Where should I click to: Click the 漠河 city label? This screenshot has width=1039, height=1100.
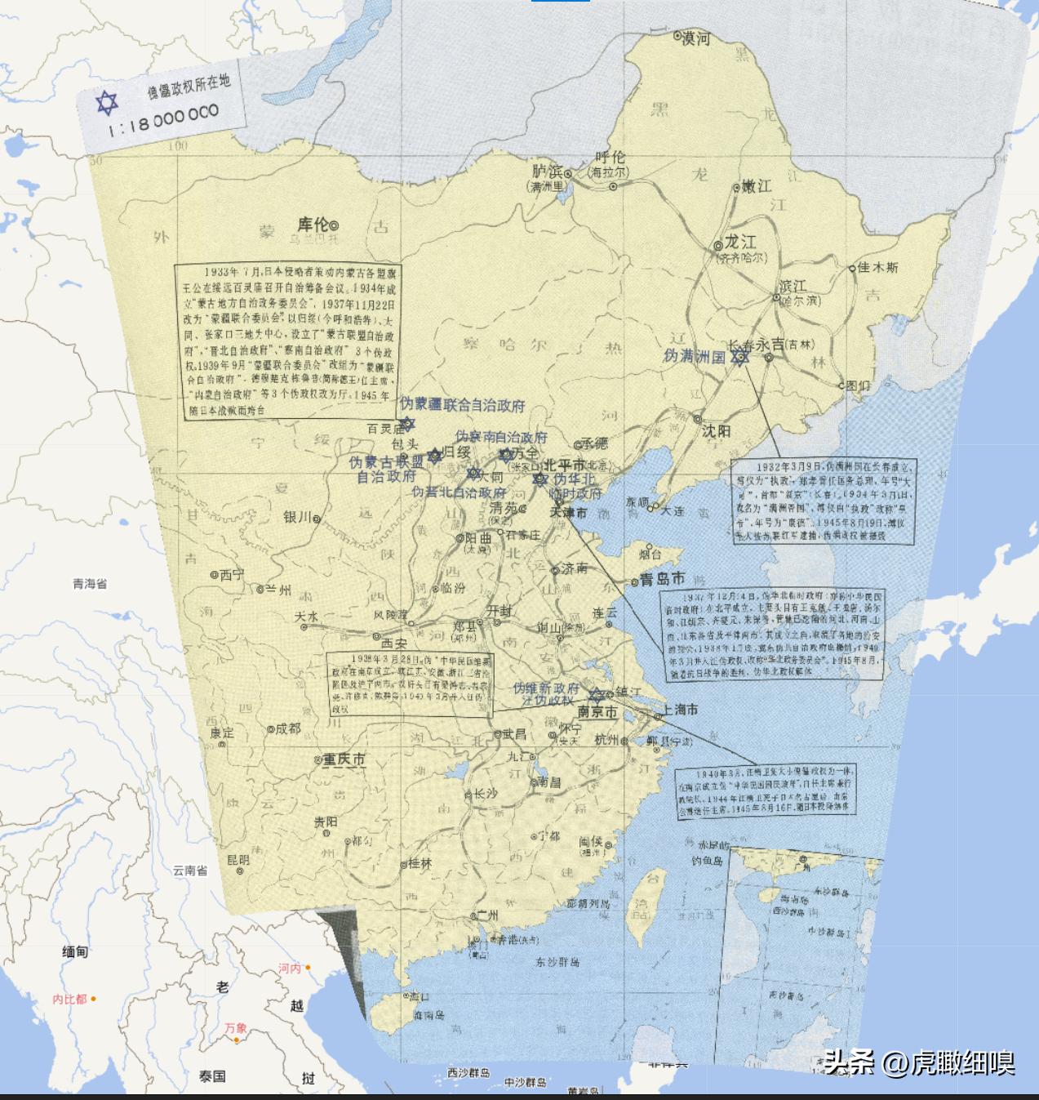click(x=696, y=38)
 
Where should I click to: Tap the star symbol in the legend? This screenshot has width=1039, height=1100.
click(x=106, y=104)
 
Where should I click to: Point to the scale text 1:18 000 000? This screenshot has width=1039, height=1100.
click(x=163, y=121)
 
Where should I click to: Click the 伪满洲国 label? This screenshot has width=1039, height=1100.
click(x=694, y=356)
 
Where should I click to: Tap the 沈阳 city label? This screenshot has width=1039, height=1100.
click(x=716, y=430)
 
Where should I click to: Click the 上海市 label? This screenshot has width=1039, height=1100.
click(x=681, y=710)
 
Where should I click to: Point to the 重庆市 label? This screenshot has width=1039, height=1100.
click(x=343, y=759)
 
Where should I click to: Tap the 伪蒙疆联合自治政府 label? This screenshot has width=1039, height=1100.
click(x=461, y=405)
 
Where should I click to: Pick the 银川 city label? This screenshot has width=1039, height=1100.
click(x=298, y=517)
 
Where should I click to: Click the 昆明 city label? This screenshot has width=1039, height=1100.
click(x=238, y=859)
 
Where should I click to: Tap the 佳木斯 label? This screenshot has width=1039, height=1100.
click(x=878, y=267)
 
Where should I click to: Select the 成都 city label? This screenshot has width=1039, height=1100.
click(x=287, y=728)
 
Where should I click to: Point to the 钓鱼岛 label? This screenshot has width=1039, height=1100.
click(x=707, y=861)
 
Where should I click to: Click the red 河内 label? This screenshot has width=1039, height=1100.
click(x=290, y=969)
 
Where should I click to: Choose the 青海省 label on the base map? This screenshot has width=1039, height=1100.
click(x=90, y=584)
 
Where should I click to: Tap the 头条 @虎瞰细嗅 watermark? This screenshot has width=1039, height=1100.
click(x=919, y=1062)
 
